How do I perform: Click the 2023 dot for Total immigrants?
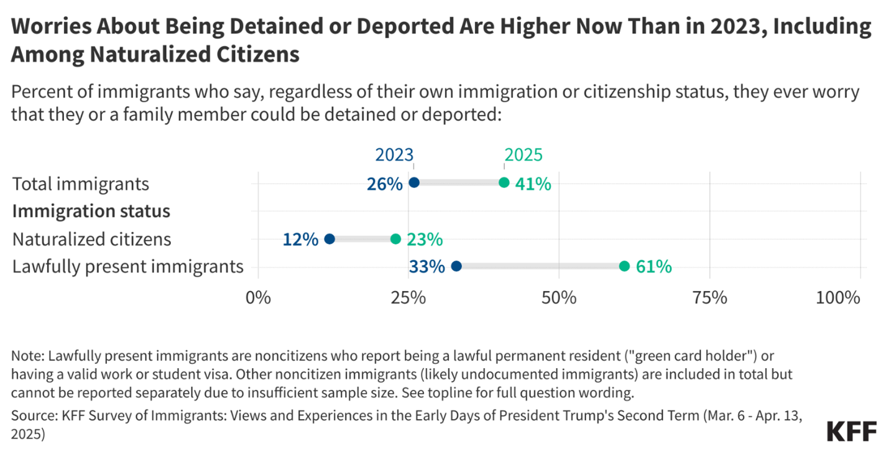[x=414, y=183]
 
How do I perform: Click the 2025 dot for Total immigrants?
[x=504, y=183]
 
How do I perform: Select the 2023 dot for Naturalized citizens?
[x=329, y=239]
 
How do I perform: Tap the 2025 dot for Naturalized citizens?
[x=395, y=239]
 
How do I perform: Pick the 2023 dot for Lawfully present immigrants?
[x=456, y=266]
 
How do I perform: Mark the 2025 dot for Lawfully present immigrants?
[x=624, y=266]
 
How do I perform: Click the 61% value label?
[x=653, y=266]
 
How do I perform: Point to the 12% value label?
[x=300, y=239]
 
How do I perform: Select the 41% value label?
[x=533, y=183]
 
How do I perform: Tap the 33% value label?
[x=426, y=267]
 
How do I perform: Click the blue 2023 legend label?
[x=394, y=155]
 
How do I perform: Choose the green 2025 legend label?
[x=523, y=155]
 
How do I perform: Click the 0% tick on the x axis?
[x=258, y=297]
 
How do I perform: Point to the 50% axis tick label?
[x=559, y=297]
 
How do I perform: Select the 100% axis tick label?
[x=837, y=297]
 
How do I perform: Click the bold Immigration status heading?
[x=91, y=211]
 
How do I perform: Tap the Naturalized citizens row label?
[x=92, y=239]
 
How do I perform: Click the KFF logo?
[x=852, y=431]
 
